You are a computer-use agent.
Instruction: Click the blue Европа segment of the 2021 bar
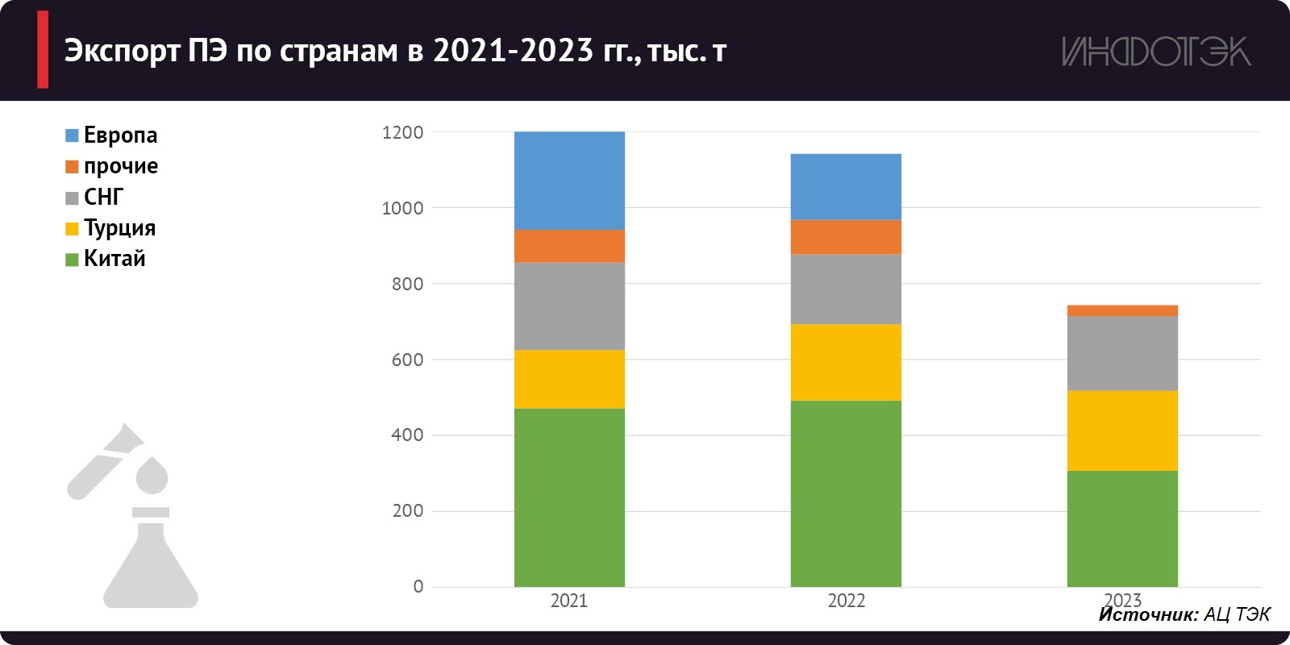[569, 181]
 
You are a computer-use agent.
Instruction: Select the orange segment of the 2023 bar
[1121, 310]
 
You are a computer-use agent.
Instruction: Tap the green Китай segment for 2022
[846, 493]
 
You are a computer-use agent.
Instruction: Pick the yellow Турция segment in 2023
[1121, 431]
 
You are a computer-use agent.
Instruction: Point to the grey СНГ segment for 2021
[569, 306]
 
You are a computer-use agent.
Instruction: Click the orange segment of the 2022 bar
[846, 237]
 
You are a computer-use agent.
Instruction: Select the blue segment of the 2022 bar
[846, 186]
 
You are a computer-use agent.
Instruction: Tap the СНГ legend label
[103, 197]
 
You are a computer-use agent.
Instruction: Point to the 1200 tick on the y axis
[402, 132]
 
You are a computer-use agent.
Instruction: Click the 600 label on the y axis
[407, 360]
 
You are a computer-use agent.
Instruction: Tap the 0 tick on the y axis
[418, 587]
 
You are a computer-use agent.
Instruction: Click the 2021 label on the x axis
[568, 601]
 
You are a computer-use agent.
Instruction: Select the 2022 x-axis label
[846, 601]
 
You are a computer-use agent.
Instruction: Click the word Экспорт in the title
[122, 51]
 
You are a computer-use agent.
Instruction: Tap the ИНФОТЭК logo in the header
[1155, 52]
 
